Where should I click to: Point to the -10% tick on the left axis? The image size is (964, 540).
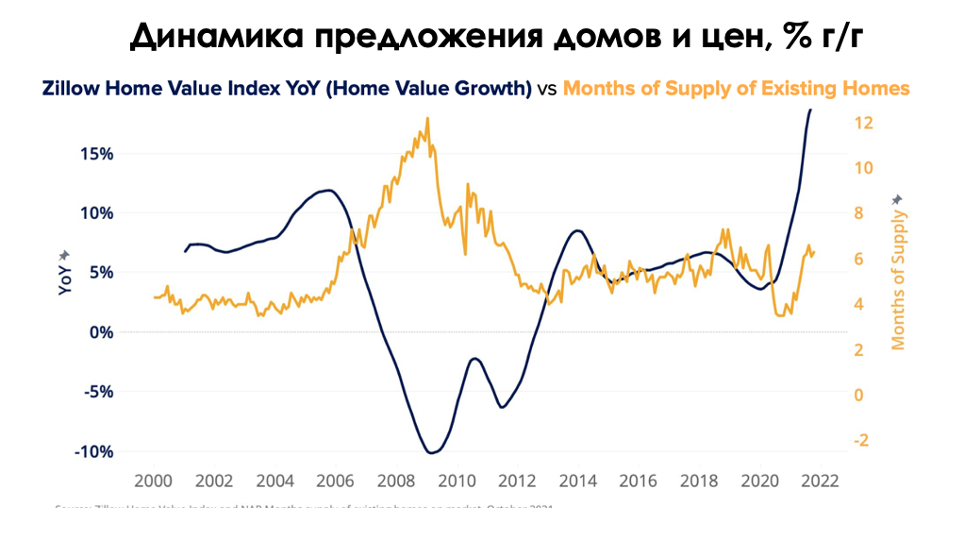point(94,451)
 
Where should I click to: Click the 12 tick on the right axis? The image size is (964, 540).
point(862,123)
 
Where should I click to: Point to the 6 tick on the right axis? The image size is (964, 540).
point(859,259)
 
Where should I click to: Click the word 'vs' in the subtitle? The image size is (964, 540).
point(547,89)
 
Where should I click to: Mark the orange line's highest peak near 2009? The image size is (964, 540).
point(427,119)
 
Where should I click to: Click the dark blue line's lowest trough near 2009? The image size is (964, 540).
point(431,453)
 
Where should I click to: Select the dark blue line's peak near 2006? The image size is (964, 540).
point(327,191)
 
